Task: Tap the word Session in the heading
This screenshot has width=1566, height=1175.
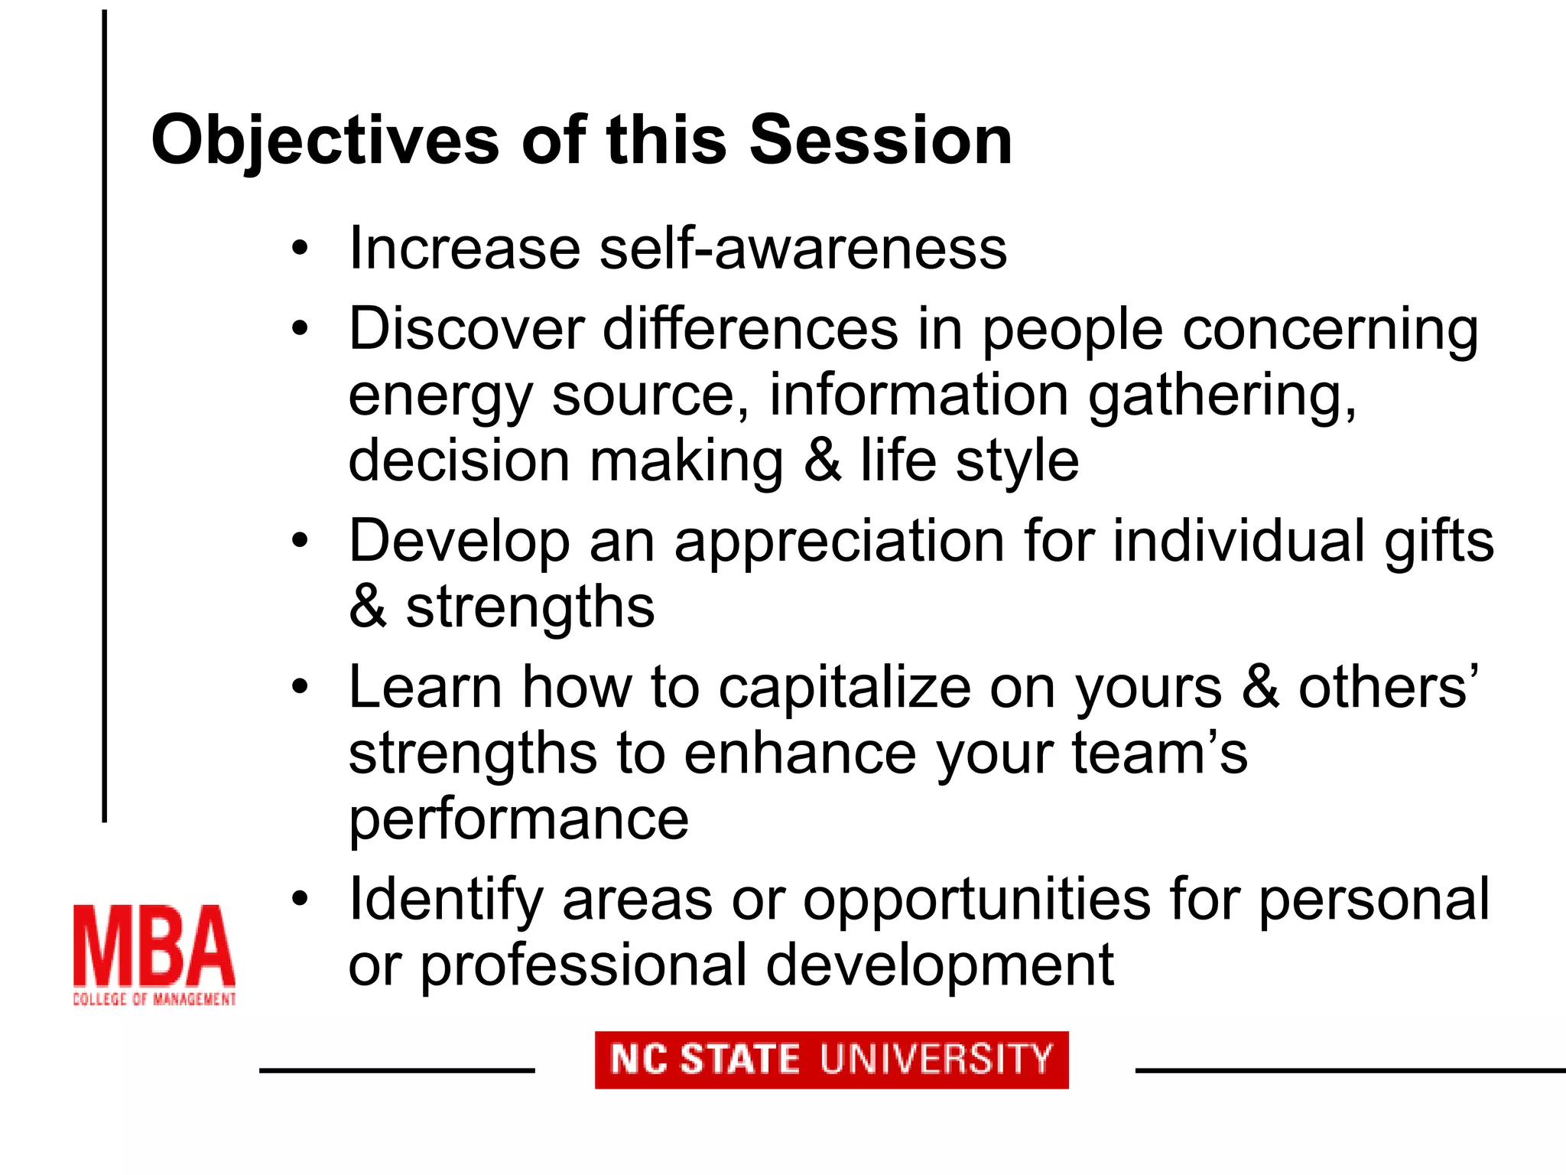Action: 880,141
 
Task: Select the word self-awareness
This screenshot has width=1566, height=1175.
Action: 803,249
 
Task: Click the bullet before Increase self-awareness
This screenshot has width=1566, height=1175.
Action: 300,249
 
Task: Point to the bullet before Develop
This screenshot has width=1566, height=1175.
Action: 300,542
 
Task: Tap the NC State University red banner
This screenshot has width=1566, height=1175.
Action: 831,1059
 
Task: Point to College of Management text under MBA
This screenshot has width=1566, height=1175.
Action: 154,999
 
